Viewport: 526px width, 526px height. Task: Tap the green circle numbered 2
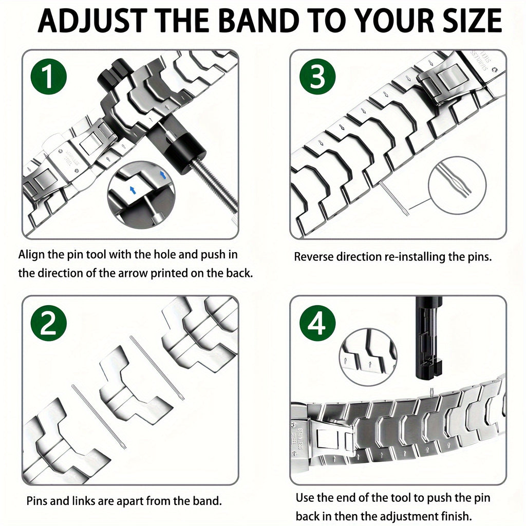[48, 324]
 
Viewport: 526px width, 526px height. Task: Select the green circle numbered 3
[317, 77]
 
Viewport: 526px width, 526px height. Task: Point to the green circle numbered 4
[317, 324]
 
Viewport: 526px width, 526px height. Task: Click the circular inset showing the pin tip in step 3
[457, 185]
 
